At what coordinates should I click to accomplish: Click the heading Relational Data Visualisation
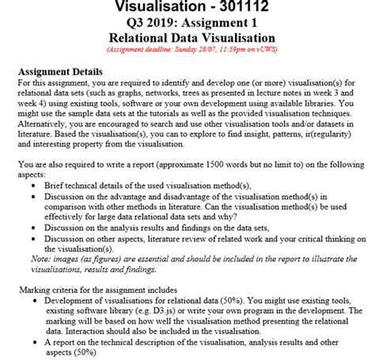[x=187, y=38]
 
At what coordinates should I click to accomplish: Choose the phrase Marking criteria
[x=52, y=289]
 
